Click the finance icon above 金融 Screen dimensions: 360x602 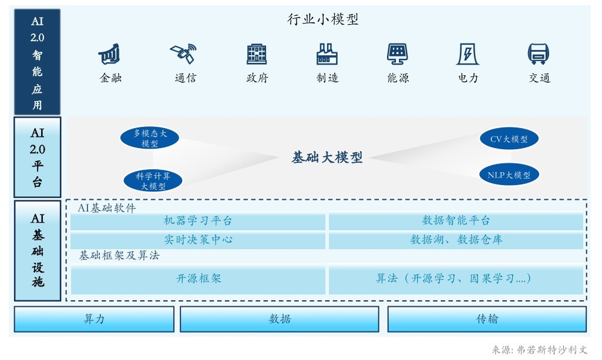tap(110, 55)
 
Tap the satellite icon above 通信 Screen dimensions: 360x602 tap(183, 54)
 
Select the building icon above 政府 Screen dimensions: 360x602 tap(257, 55)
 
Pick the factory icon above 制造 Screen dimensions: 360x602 tap(327, 55)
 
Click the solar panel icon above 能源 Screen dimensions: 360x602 tap(398, 55)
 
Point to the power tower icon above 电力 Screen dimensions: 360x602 tap(468, 55)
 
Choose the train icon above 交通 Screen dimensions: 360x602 tap(539, 55)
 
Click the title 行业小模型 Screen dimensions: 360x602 tap(323, 20)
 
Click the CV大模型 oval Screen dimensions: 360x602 tap(509, 139)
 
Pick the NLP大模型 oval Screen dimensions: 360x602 tap(509, 174)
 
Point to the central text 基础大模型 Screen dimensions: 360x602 tap(327, 157)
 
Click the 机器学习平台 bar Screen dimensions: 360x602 tap(198, 221)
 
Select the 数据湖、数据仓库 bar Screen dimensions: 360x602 tap(456, 240)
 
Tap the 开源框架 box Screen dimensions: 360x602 tap(198, 279)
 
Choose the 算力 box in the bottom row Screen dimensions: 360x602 tap(94, 319)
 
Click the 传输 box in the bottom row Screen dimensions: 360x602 tap(487, 319)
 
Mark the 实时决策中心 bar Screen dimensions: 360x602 tap(198, 240)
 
